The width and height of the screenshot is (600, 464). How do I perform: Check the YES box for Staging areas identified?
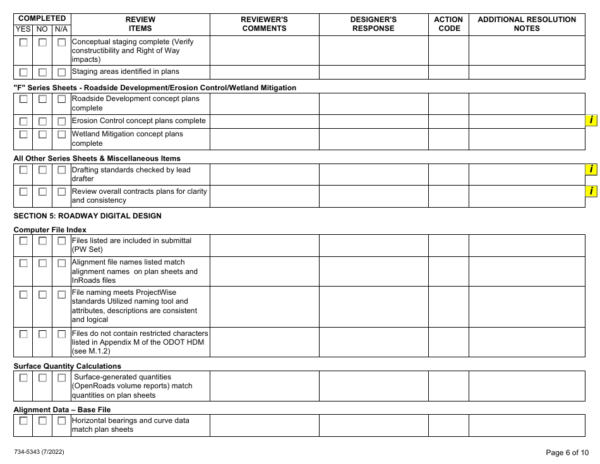(x=23, y=72)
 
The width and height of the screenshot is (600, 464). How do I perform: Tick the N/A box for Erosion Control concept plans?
(x=62, y=121)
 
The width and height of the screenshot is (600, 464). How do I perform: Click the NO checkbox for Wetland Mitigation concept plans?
(x=42, y=134)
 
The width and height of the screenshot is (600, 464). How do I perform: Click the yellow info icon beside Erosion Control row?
(x=591, y=121)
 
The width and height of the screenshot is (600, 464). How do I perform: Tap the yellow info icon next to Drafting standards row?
(x=591, y=169)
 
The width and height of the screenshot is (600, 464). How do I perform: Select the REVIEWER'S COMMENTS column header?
(x=264, y=24)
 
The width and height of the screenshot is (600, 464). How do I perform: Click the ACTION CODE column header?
(x=448, y=24)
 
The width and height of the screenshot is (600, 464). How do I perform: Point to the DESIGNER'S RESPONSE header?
(x=373, y=24)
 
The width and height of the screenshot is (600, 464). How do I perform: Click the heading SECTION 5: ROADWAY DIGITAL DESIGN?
(x=87, y=216)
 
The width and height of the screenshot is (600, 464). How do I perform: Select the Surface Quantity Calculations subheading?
(x=67, y=366)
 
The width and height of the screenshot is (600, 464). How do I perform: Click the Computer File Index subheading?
(x=50, y=230)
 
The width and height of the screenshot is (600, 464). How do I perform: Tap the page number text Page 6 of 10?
(x=567, y=452)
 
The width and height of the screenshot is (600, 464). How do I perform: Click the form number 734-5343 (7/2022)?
(x=39, y=452)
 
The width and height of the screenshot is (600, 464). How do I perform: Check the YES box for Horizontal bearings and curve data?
(x=23, y=421)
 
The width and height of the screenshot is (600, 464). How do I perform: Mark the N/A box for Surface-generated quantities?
(x=62, y=378)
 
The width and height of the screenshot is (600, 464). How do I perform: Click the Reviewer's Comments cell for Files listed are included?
(x=264, y=245)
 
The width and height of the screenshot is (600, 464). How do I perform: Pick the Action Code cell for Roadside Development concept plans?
(x=448, y=104)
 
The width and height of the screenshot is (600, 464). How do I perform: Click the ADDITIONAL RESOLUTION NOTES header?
(x=527, y=24)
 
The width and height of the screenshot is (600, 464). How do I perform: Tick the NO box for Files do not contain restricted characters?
(x=42, y=333)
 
